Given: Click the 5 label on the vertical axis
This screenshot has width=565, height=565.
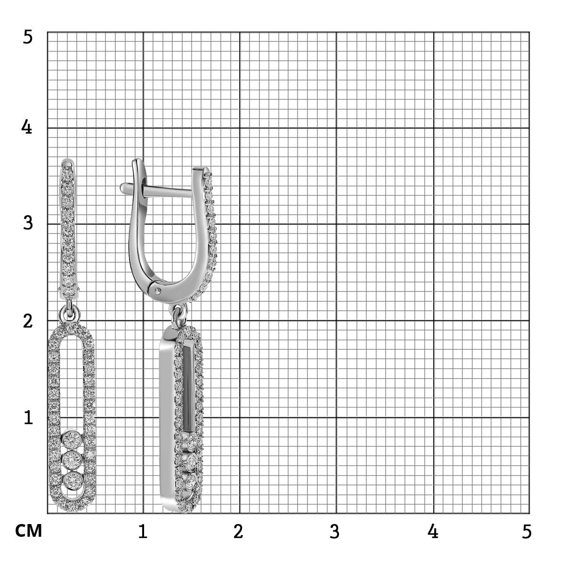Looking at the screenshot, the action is pyautogui.click(x=28, y=38).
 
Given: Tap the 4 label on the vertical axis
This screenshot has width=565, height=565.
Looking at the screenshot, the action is pyautogui.click(x=27, y=127).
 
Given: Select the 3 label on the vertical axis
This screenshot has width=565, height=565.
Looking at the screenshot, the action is pyautogui.click(x=28, y=223).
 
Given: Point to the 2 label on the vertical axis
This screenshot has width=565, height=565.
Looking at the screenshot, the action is pyautogui.click(x=28, y=322).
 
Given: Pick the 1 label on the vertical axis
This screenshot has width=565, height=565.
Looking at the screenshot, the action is pyautogui.click(x=28, y=418).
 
